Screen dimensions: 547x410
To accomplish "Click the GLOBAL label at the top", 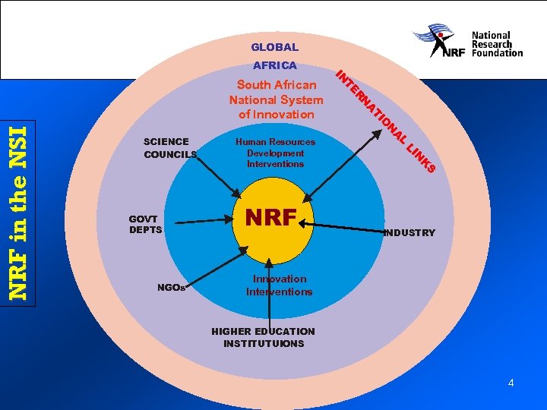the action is (274, 47).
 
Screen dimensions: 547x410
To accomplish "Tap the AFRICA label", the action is (274, 66).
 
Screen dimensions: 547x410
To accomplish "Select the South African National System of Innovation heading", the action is (276, 99).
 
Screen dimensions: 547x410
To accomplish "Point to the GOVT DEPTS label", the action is (145, 224).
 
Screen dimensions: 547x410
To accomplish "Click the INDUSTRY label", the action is (409, 233).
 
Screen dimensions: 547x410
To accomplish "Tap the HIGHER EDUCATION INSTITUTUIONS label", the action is (263, 337).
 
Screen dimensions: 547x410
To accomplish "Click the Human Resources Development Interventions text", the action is (275, 153).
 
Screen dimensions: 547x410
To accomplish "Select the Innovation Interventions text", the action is (279, 285).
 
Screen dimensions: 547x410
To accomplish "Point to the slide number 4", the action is (511, 383).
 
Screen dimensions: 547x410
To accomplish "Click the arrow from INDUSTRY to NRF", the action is (346, 226).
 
